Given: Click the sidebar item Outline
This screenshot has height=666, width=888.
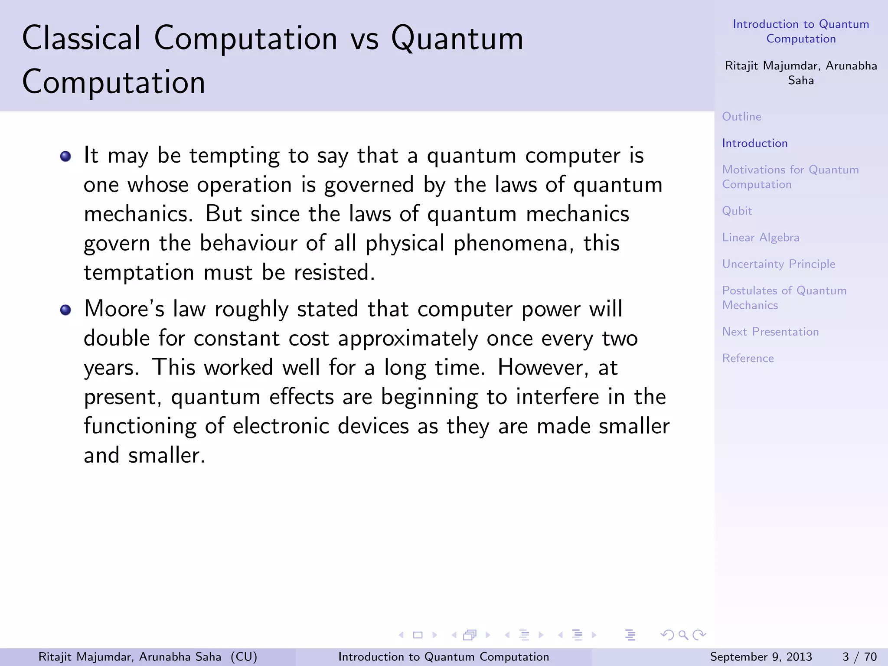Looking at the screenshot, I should [x=741, y=117].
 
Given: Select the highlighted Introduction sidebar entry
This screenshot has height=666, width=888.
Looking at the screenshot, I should [x=754, y=143].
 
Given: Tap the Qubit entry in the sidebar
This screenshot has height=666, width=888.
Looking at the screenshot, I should [x=737, y=211].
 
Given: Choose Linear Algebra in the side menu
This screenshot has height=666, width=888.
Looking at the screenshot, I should [x=761, y=238].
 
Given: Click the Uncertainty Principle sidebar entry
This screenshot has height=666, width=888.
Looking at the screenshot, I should [x=778, y=264].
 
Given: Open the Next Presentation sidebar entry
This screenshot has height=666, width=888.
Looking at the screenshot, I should [x=770, y=332].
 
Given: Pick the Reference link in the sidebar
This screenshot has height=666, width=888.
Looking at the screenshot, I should [x=748, y=358].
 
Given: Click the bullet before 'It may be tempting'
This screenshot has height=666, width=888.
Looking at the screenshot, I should [x=65, y=156].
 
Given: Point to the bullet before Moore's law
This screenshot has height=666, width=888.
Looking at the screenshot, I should [x=65, y=310].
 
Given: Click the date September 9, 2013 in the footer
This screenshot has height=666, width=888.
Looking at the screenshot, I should [x=761, y=657].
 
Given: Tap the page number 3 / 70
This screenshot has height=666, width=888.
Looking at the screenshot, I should [x=859, y=657].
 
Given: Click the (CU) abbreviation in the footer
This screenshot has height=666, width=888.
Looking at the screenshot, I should [x=244, y=657].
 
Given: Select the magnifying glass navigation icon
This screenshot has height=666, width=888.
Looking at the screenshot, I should [x=683, y=635].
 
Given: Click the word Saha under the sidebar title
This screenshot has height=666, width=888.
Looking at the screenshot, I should [x=800, y=81].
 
